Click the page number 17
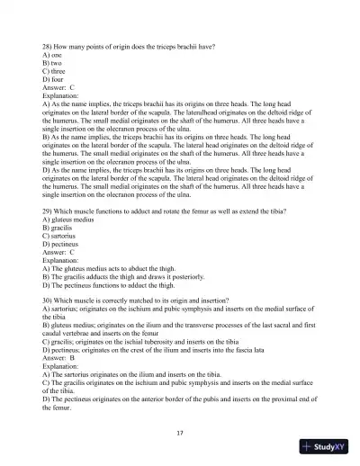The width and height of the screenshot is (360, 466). coord(180,433)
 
